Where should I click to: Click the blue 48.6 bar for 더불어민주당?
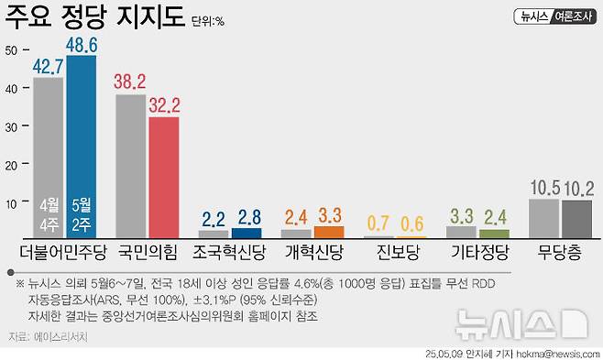82,147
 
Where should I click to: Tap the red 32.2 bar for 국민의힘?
163,177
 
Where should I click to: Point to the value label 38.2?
130,82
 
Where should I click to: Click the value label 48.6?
82,42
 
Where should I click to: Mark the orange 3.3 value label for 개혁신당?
329,215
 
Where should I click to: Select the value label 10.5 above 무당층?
544,189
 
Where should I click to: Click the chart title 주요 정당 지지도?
95,17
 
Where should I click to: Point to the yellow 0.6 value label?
413,224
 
